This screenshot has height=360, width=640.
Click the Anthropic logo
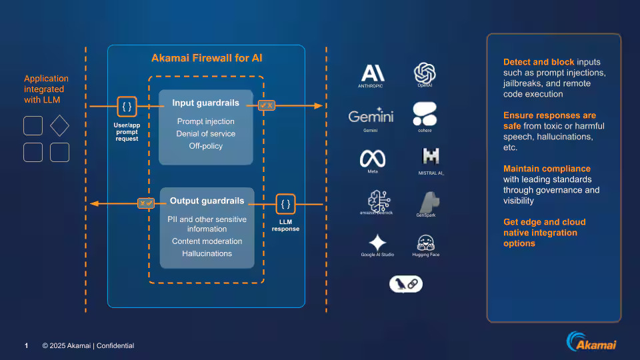tap(373, 73)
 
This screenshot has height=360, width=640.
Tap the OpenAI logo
tap(425, 72)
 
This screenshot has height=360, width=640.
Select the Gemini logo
tap(371, 115)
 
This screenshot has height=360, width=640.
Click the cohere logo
tap(425, 114)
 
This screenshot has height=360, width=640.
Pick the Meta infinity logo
tap(373, 158)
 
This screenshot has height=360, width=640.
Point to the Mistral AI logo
tap(430, 157)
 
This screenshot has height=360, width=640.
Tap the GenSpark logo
tap(428, 201)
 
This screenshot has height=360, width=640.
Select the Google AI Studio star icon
tap(377, 242)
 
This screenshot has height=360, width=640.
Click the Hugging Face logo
tap(426, 242)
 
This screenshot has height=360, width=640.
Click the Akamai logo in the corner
tap(591, 342)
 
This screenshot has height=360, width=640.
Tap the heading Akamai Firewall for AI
tap(207, 58)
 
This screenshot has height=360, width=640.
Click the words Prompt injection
tap(205, 121)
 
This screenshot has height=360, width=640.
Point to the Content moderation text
tap(207, 241)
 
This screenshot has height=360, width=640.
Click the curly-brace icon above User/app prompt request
tap(127, 106)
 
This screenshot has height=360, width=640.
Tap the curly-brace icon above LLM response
tap(285, 204)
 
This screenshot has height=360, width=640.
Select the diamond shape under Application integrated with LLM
tap(59, 126)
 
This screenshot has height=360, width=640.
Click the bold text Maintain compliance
tap(547, 169)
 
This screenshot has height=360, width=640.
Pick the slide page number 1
tap(27, 345)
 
